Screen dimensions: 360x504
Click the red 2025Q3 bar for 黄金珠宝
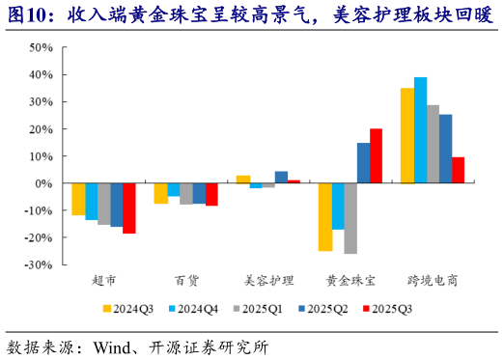[376, 155]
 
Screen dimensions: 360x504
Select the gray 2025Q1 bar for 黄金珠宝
[350, 217]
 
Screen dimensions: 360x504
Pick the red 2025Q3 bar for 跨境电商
[458, 170]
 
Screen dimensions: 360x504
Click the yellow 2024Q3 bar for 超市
[78, 199]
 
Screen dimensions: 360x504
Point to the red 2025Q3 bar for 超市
[128, 208]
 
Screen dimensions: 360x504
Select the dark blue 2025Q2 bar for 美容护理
[281, 177]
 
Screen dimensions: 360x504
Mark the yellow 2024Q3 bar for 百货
[161, 193]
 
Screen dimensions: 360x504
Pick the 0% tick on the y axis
[45, 182]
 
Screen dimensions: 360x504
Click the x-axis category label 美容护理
[266, 280]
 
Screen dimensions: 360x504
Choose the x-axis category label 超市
[103, 280]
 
